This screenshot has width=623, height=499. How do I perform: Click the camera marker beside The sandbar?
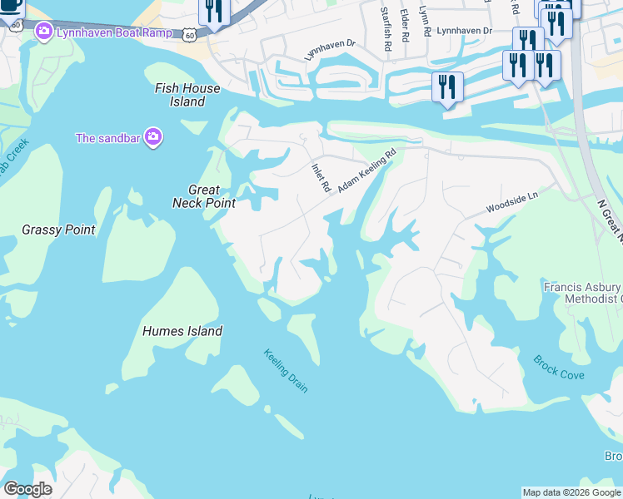pos(152,138)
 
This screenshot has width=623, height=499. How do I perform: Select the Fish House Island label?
pos(188,95)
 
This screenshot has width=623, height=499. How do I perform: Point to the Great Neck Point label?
pos(203,196)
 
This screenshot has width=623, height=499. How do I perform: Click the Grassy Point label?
pos(58,230)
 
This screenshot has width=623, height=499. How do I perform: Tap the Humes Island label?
pos(182,331)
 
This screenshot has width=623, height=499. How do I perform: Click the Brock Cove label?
pos(559,368)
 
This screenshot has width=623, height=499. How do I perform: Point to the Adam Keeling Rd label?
pos(366,172)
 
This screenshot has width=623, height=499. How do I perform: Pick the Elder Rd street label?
pos(404,26)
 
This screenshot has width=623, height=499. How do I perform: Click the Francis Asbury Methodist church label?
pos(582,293)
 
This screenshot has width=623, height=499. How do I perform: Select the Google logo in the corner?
pos(27,489)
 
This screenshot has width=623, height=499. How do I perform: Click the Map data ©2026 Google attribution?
pos(571,492)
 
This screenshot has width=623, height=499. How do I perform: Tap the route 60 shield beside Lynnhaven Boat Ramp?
pos(191,34)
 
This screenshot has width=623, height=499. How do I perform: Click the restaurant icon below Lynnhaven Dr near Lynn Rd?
pos(447,86)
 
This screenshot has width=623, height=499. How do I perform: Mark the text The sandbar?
pos(108,138)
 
